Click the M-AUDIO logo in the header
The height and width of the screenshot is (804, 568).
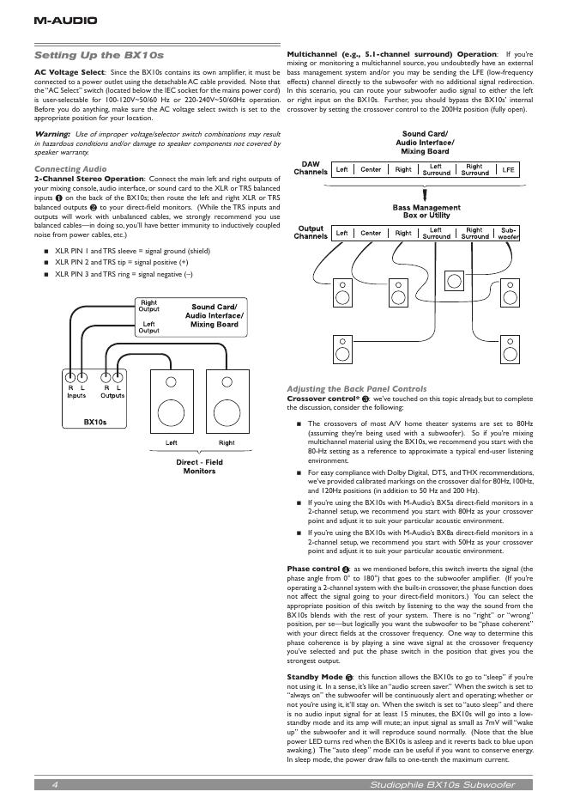[x=65, y=20]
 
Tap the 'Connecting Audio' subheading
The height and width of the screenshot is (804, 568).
[x=70, y=169]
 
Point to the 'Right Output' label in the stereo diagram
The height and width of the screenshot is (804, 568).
[x=148, y=306]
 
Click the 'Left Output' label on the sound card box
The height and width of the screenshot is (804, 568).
[x=148, y=326]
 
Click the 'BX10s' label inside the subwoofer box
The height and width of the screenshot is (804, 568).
[x=94, y=422]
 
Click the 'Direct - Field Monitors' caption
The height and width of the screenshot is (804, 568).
[x=200, y=466]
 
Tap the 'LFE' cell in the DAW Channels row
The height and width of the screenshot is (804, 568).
[x=509, y=170]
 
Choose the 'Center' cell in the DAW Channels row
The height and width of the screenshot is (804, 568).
[x=371, y=170]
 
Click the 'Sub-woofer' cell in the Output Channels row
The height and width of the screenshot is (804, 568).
[x=509, y=233]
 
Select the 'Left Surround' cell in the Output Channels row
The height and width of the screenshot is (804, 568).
[x=436, y=233]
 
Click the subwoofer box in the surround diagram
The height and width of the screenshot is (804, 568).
[x=457, y=281]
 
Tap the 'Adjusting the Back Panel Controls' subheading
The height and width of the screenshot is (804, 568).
[x=355, y=389]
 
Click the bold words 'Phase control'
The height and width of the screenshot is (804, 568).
[x=313, y=569]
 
